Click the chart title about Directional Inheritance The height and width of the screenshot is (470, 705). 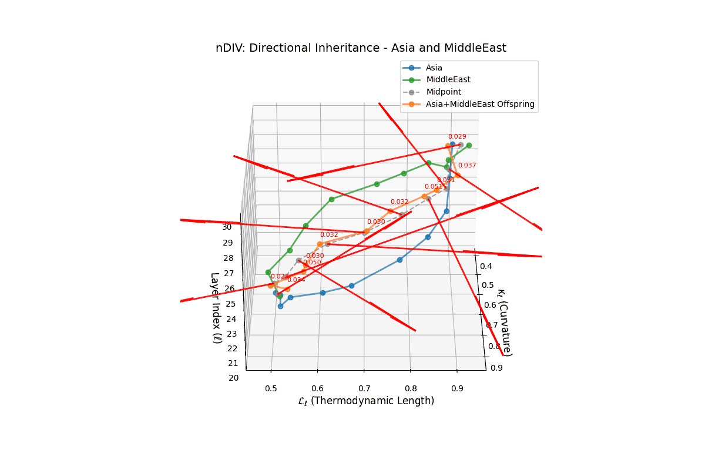(x=361, y=48)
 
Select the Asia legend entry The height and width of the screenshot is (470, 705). (x=434, y=68)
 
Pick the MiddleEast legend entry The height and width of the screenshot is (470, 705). (x=448, y=79)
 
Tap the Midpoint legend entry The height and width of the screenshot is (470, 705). (x=444, y=92)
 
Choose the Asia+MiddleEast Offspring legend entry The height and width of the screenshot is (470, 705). (x=480, y=104)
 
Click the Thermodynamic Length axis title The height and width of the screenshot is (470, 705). (x=366, y=401)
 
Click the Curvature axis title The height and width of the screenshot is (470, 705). (x=504, y=322)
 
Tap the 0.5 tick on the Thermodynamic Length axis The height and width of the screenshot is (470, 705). (x=271, y=388)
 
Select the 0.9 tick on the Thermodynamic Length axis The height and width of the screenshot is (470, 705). (x=457, y=388)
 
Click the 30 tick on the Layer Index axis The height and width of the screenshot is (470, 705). (x=227, y=227)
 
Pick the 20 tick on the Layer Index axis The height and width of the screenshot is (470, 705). (x=233, y=378)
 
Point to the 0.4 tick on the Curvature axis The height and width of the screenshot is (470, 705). (x=486, y=267)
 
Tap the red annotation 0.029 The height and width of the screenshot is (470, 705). (x=457, y=136)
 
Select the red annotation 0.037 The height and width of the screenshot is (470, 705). (x=467, y=166)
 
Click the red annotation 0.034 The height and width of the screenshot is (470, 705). (x=296, y=280)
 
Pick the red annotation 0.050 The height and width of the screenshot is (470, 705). (x=312, y=262)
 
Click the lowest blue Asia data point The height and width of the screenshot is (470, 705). (x=280, y=306)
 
